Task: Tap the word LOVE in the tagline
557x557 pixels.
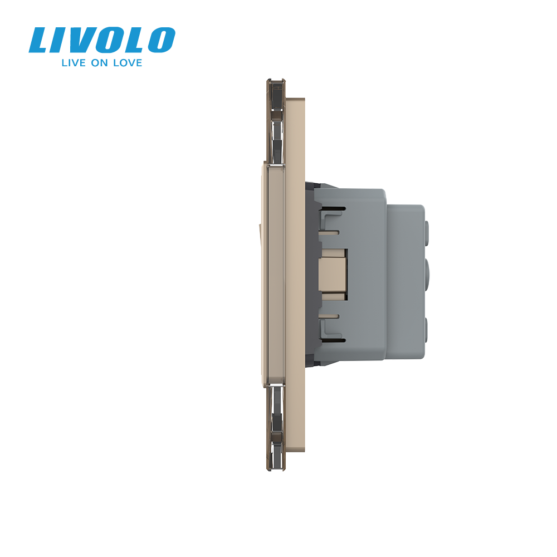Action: pos(128,63)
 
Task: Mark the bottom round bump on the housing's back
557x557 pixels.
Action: pos(428,326)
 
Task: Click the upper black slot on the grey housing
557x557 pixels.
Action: pos(333,209)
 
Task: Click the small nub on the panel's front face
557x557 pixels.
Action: pos(261,228)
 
